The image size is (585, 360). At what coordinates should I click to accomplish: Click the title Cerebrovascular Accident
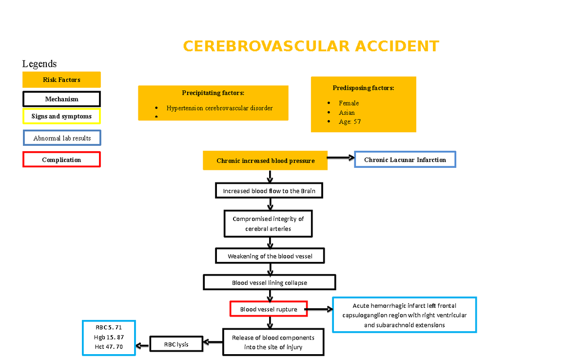click(311, 46)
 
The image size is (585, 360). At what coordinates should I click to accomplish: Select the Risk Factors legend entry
click(61, 80)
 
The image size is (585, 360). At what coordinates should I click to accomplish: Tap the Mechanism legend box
click(61, 99)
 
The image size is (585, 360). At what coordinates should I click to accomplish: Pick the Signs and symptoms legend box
click(61, 117)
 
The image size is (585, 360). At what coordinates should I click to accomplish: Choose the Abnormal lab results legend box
click(62, 138)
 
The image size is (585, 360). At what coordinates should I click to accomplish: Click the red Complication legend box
click(61, 160)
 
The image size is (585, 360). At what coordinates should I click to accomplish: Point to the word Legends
click(39, 64)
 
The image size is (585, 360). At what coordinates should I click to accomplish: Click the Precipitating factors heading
click(213, 93)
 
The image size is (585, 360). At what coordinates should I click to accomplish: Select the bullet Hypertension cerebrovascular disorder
click(219, 108)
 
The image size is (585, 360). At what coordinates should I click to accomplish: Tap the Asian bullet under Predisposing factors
click(347, 113)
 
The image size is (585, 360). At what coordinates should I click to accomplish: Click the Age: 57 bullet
click(350, 122)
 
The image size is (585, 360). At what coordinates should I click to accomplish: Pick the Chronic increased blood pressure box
click(265, 160)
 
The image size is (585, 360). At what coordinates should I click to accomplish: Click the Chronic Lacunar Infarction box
click(405, 160)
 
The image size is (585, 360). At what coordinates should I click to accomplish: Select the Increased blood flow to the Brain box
click(269, 191)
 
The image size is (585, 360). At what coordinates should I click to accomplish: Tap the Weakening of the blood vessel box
click(270, 256)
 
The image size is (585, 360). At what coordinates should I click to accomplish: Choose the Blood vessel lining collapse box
click(269, 282)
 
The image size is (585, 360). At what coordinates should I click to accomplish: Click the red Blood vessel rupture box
click(268, 309)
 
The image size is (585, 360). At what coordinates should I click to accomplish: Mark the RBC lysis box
click(176, 344)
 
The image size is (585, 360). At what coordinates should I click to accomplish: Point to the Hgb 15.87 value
click(109, 337)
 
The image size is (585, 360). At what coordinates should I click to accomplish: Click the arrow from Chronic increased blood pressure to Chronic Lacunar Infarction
click(341, 158)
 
